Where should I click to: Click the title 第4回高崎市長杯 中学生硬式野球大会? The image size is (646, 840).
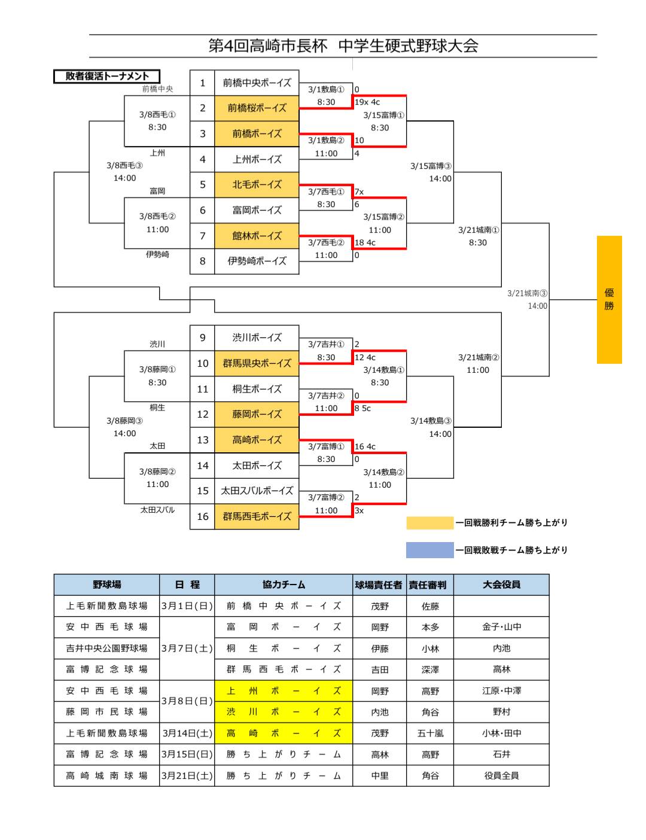(343, 46)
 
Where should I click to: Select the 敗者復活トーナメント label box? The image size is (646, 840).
(107, 76)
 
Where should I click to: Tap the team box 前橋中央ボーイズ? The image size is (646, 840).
(257, 83)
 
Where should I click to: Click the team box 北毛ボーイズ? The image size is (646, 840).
(257, 184)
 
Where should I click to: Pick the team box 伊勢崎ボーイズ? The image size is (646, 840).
(257, 261)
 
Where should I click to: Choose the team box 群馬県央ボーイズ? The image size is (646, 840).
(257, 363)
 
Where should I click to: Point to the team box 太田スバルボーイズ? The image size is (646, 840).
(257, 491)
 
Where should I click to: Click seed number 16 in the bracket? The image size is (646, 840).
(202, 516)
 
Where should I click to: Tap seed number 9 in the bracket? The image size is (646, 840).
(202, 337)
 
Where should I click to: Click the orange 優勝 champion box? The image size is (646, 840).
(609, 299)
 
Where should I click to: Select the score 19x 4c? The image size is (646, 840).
(367, 102)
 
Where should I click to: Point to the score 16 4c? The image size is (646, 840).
(365, 446)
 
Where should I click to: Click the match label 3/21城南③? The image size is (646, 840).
(527, 293)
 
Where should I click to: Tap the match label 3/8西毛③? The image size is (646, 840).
(124, 165)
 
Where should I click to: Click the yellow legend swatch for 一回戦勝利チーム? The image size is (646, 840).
(429, 523)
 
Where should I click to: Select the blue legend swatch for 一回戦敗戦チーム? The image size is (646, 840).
(429, 550)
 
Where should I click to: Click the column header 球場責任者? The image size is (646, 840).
(379, 585)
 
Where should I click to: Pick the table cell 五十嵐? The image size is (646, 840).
(429, 733)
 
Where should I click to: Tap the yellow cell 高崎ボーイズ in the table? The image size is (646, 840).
(283, 733)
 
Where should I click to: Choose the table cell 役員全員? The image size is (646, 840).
(501, 775)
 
